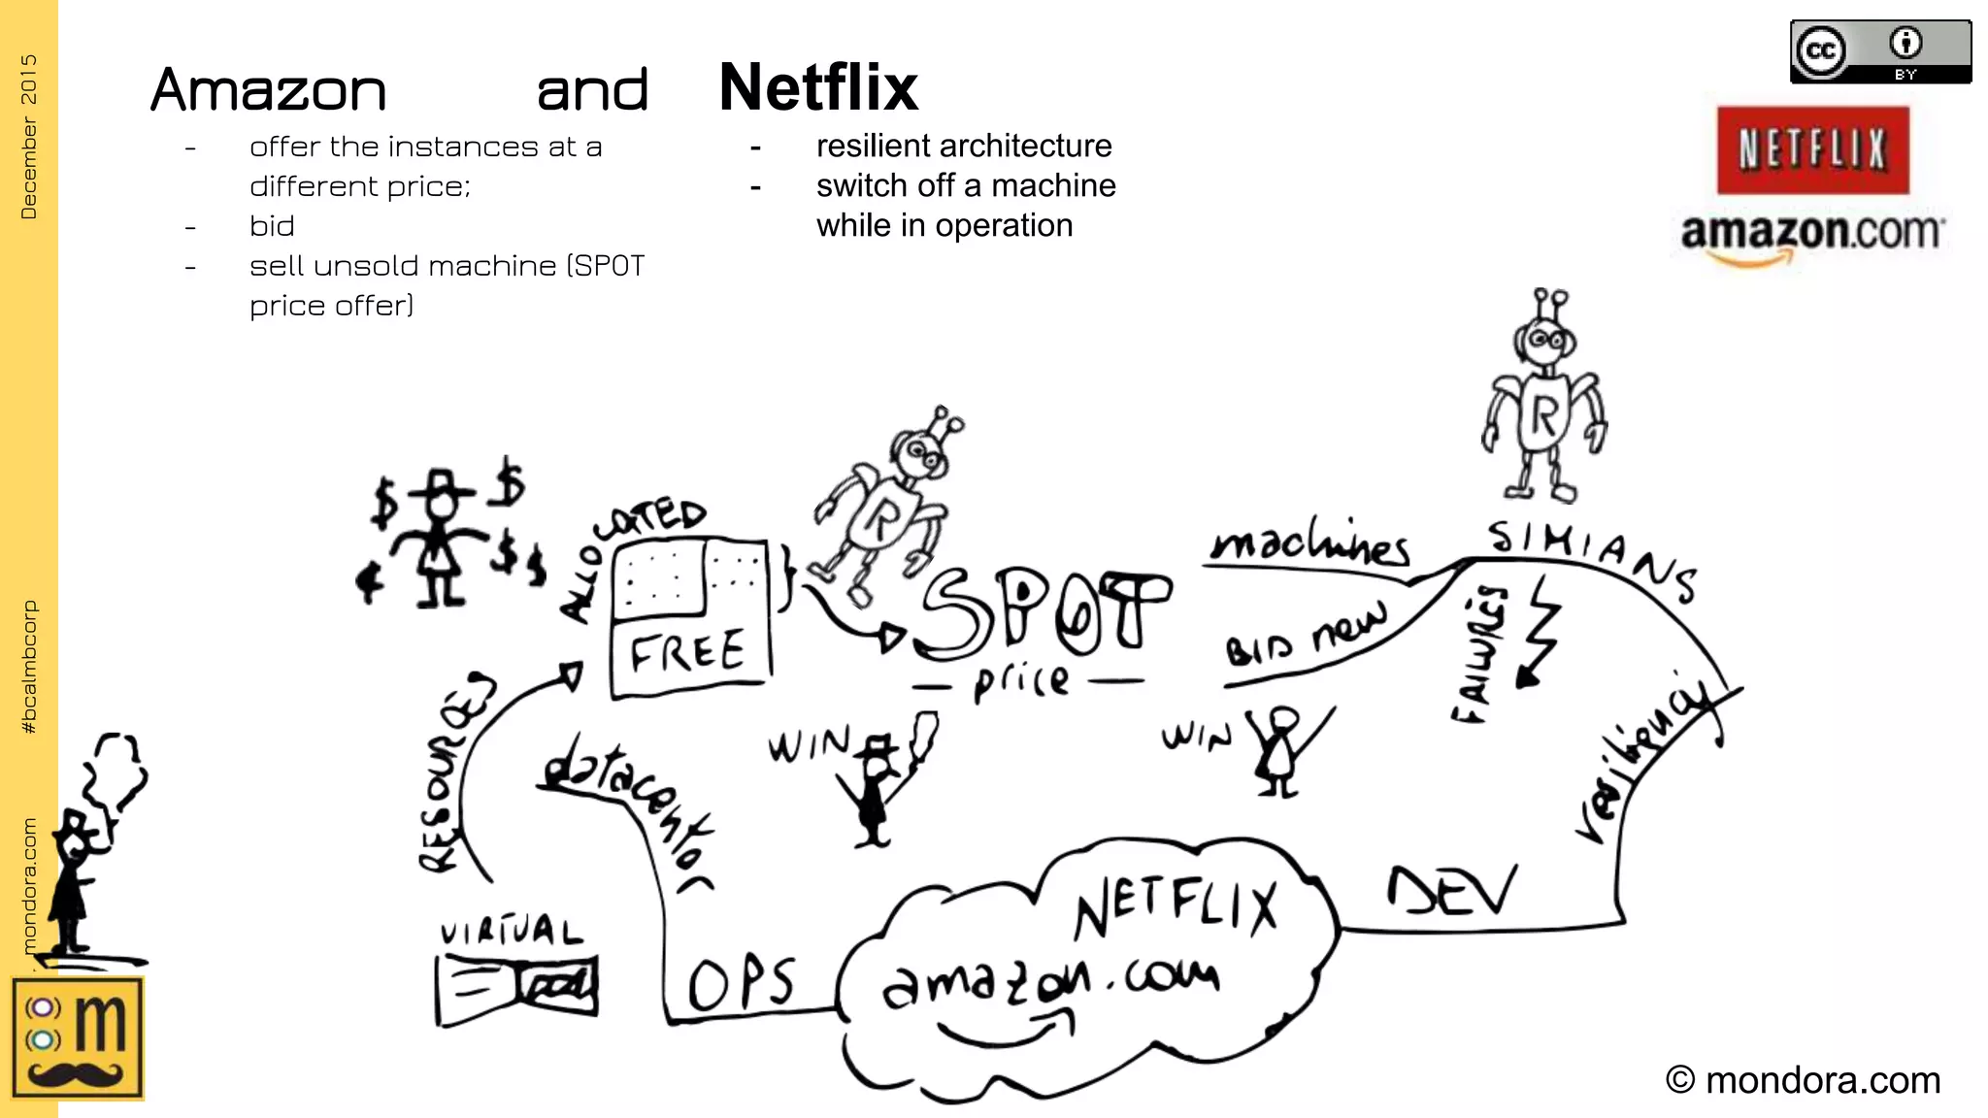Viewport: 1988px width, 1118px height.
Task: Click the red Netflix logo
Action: [x=1811, y=150]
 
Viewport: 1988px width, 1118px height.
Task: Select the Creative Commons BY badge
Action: [x=1880, y=51]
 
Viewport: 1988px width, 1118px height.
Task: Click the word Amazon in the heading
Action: [x=269, y=91]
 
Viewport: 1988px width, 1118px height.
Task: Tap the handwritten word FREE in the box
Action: [x=687, y=652]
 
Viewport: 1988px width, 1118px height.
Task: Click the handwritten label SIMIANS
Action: [x=1592, y=557]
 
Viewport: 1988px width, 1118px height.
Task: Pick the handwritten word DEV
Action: [x=1451, y=891]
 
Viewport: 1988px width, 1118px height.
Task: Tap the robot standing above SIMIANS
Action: [x=1543, y=398]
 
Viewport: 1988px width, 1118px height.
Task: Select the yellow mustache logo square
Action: [x=78, y=1037]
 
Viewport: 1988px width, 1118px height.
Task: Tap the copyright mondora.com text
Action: [x=1803, y=1080]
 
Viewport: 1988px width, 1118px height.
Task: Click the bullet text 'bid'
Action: [x=272, y=226]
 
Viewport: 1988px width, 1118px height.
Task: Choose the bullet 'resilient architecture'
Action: [x=964, y=147]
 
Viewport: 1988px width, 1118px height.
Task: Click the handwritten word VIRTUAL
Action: [x=512, y=932]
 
